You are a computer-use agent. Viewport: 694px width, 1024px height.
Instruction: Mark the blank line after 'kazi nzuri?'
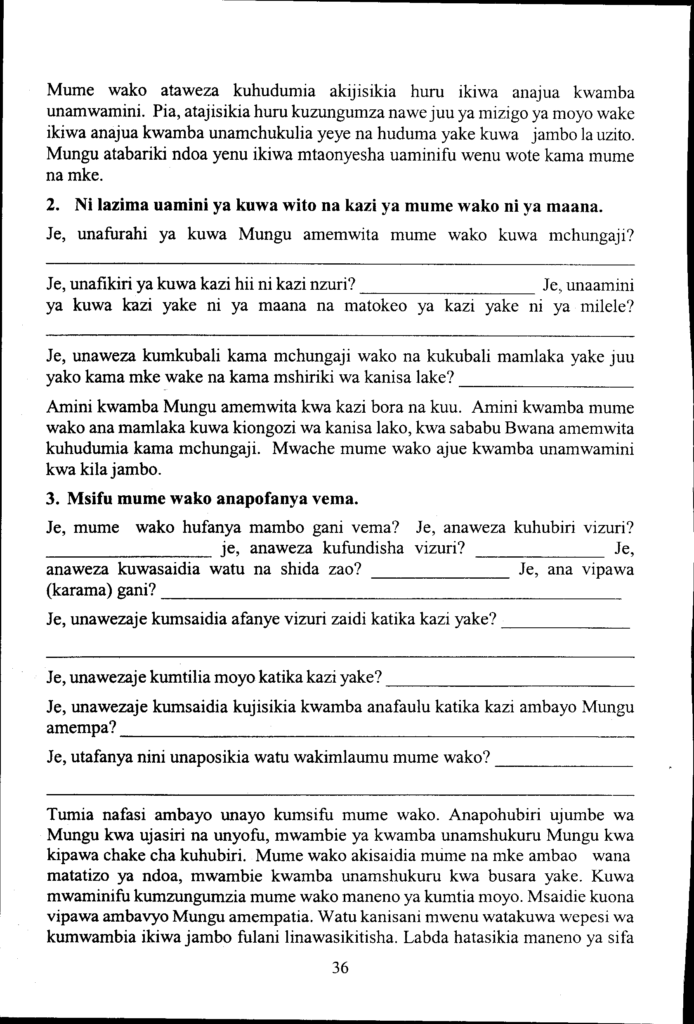click(447, 292)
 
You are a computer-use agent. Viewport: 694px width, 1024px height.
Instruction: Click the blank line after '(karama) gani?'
click(392, 598)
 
